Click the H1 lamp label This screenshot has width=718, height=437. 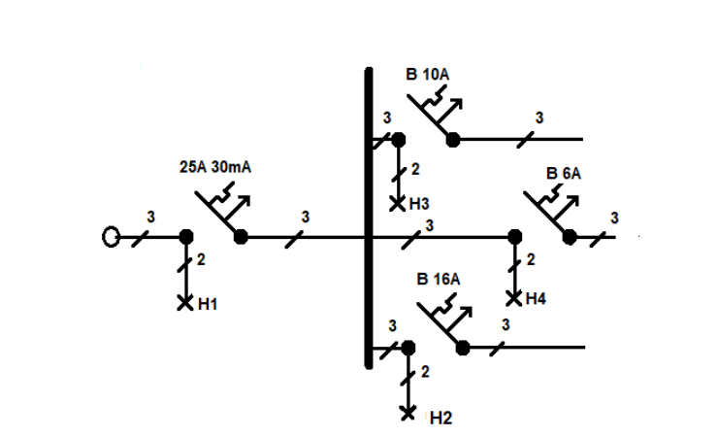coord(208,304)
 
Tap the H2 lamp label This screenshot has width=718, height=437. coord(441,418)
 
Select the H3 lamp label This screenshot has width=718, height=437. coord(419,204)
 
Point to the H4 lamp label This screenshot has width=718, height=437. coord(536,299)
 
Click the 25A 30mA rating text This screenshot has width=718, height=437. coord(215,167)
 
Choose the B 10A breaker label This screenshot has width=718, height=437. coord(427,74)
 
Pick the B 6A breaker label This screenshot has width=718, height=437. coord(563,174)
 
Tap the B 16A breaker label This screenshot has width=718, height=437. coord(439,279)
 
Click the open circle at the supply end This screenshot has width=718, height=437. coord(111,237)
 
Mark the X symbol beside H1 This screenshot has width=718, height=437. coord(185,303)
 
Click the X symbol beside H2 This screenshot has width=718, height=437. coord(408,413)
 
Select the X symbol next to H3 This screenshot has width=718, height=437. coord(398,204)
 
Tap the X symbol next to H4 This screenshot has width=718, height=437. coord(514,299)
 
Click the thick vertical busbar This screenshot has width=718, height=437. coord(369,218)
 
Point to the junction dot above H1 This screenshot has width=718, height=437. coord(186,237)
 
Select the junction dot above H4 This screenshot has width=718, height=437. coord(515,237)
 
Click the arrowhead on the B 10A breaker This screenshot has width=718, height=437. coord(456,104)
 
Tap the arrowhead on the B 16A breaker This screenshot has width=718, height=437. coord(466,313)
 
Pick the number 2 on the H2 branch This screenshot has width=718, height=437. coord(425,372)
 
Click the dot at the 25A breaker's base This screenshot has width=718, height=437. coord(241,237)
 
